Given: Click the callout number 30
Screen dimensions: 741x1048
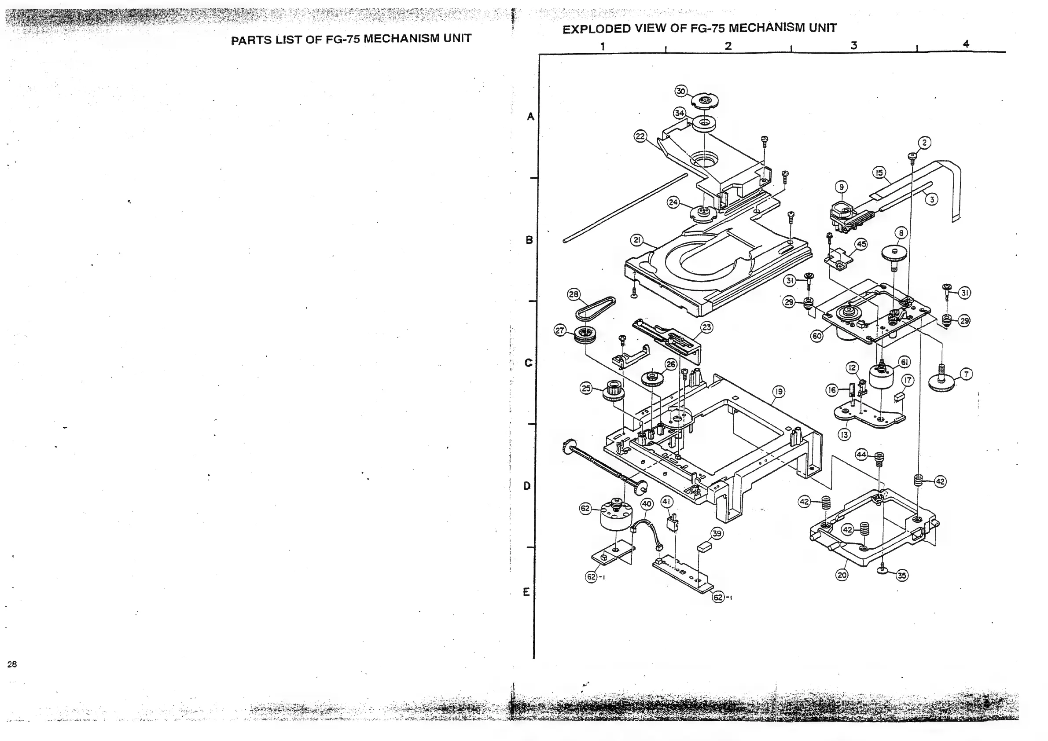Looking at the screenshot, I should pos(680,91).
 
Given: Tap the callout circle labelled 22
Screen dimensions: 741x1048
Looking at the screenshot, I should pos(640,136).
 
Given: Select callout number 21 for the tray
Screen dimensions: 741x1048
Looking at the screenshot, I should pos(637,240).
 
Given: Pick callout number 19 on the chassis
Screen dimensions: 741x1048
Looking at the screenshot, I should pos(778,391).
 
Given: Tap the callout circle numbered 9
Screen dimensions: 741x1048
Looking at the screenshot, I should pos(841,187).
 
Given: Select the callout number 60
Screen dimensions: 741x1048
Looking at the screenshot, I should pos(816,336).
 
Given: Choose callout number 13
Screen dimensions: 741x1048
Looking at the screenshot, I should pos(844,434).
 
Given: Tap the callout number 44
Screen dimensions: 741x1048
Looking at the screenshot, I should pos(861,455).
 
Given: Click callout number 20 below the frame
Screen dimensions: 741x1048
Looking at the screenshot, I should pos(842,575).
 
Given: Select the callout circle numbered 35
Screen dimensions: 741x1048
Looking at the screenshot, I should pos(902,576).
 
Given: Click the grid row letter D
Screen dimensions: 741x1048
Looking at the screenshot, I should pos(527,486).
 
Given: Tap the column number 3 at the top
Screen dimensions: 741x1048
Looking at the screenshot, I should pos(853,45).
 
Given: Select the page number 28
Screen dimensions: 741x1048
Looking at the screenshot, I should pos(12,664).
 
